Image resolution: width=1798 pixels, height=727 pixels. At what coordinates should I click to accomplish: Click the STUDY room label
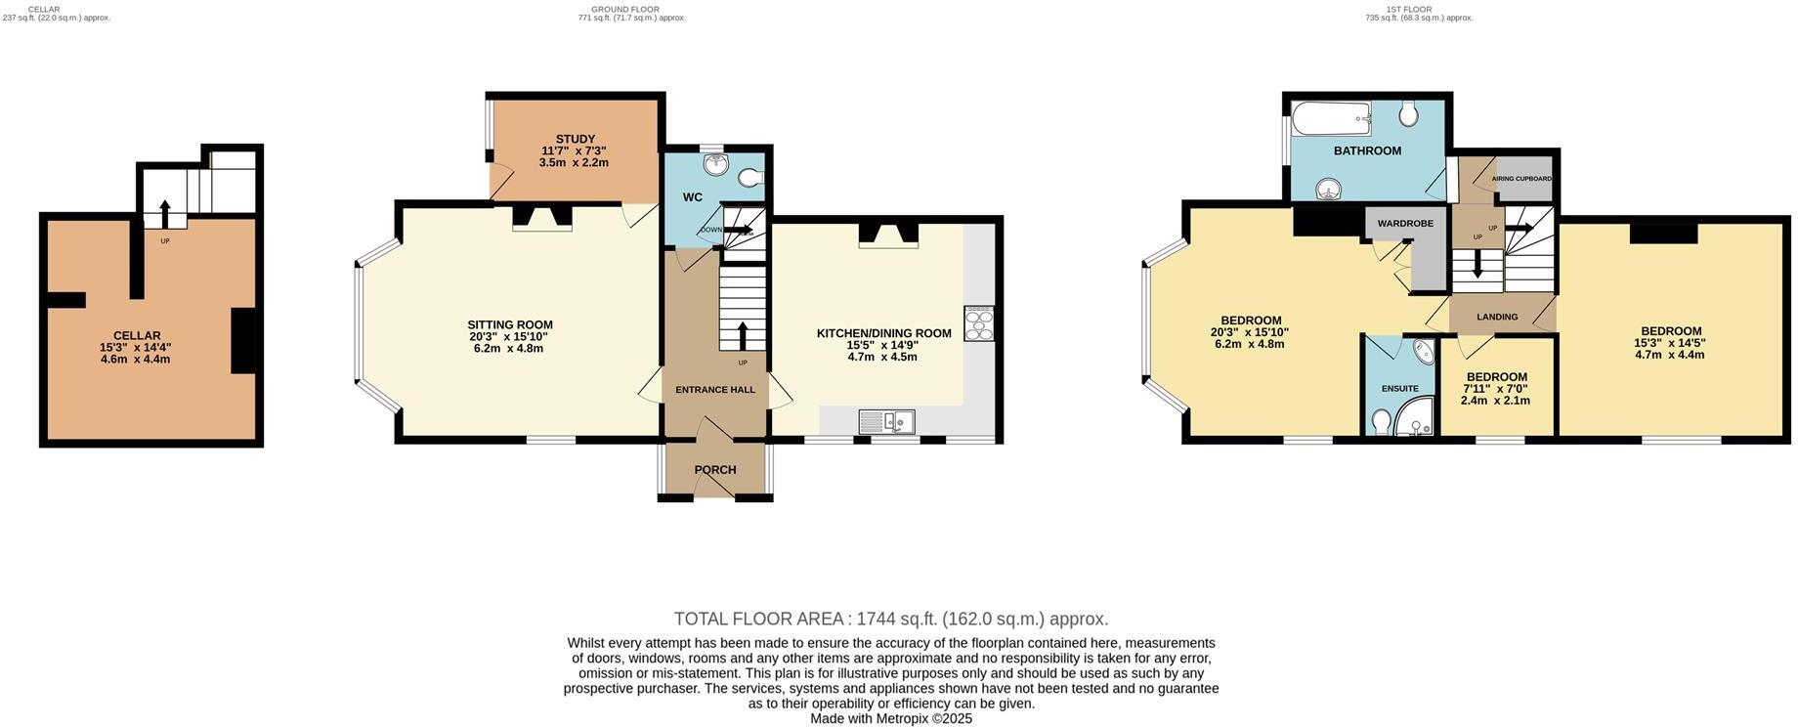click(x=576, y=139)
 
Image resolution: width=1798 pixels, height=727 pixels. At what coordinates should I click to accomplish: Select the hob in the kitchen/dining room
click(x=979, y=323)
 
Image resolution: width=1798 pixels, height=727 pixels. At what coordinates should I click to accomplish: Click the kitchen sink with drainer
click(x=886, y=421)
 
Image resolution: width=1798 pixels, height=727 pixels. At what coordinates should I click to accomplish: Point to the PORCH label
click(x=715, y=470)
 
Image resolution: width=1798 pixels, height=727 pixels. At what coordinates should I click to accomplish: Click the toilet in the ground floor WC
click(x=751, y=178)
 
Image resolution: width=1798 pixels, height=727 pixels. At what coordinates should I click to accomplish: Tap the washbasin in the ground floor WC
click(x=717, y=164)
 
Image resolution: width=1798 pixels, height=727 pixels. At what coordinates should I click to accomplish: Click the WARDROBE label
click(x=1405, y=224)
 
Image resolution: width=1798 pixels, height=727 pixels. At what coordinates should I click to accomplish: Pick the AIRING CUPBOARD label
click(x=1521, y=179)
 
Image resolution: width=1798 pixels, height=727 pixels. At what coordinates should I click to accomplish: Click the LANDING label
click(x=1497, y=317)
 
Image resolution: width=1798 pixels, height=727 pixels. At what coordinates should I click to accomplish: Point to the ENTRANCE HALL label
click(x=715, y=390)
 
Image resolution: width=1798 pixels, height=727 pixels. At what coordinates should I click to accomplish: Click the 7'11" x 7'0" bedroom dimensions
click(x=1495, y=389)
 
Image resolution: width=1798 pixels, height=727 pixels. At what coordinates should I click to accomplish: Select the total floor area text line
click(x=890, y=619)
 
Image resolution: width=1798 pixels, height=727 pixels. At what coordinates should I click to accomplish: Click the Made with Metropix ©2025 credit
click(x=890, y=718)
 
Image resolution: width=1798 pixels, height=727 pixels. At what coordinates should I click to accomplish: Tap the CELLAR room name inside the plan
click(x=137, y=335)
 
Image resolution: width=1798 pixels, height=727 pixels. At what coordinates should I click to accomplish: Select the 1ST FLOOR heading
click(x=1418, y=9)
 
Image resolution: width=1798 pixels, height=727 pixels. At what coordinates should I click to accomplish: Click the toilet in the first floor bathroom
click(x=1408, y=115)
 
